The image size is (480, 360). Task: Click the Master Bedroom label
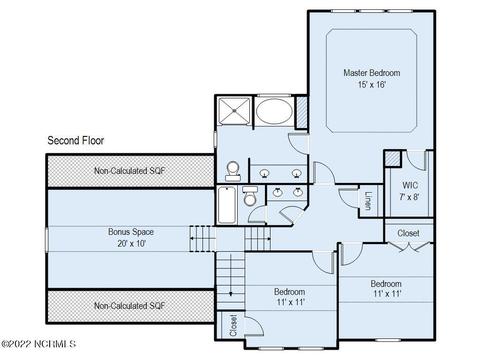(372, 73)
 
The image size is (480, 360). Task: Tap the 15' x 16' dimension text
(372, 85)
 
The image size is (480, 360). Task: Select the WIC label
(410, 185)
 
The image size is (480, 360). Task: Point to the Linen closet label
(368, 201)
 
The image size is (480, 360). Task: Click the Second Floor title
(76, 140)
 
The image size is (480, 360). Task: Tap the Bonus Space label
(131, 232)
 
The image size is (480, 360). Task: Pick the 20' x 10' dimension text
(132, 244)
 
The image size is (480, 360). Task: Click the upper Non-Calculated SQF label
(129, 171)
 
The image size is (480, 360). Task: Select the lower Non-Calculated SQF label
(129, 306)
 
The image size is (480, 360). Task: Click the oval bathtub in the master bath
(274, 112)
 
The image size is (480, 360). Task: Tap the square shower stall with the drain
(234, 111)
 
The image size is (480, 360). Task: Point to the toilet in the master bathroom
(233, 171)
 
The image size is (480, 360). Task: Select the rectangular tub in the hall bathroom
(227, 205)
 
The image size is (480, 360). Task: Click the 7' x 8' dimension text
(409, 197)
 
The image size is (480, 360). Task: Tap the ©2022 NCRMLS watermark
(38, 344)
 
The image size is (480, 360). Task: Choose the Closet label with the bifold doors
(408, 233)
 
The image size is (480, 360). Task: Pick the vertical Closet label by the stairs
(234, 326)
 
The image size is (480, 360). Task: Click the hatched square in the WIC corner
(393, 159)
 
